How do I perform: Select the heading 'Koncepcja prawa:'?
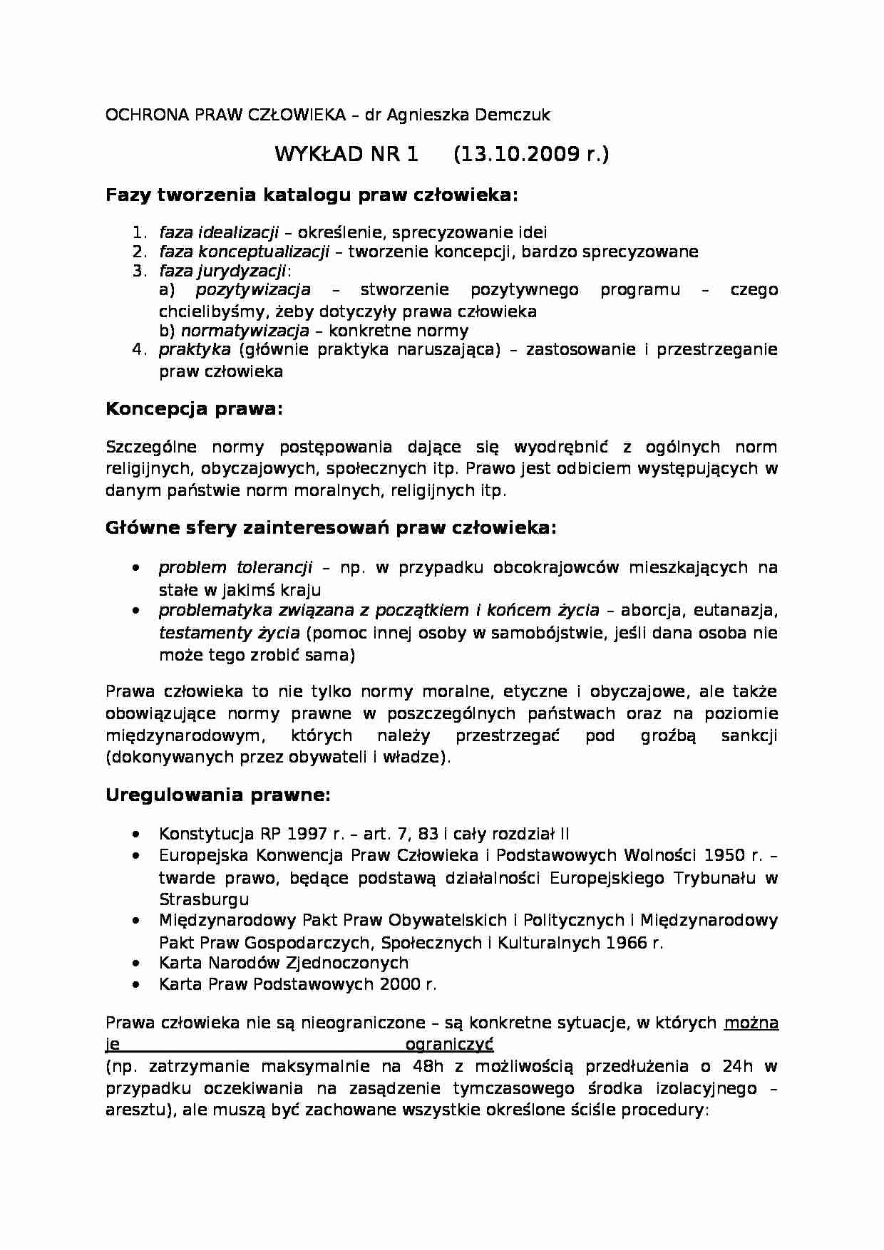click(x=194, y=409)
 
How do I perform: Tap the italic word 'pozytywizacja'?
click(x=253, y=290)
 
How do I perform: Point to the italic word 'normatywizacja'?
click(x=245, y=331)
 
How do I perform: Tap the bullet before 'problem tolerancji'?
click(x=135, y=569)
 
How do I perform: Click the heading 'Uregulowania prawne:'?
click(x=218, y=795)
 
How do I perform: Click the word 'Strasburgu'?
click(x=204, y=899)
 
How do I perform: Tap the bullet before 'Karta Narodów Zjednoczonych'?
click(x=135, y=964)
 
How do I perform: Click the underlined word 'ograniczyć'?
click(x=449, y=1045)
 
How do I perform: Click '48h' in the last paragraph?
click(x=427, y=1067)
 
